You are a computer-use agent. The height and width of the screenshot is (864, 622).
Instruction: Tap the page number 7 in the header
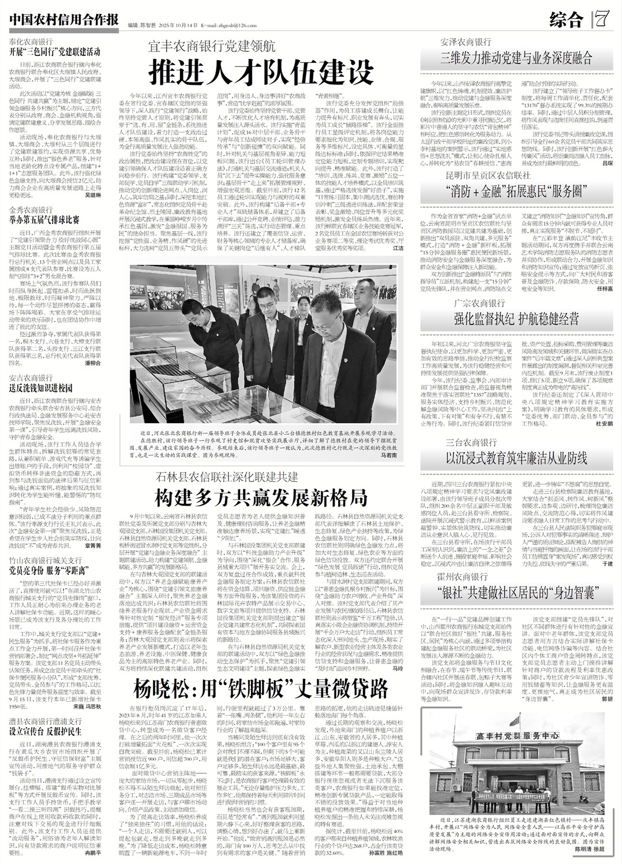coord(602,21)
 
